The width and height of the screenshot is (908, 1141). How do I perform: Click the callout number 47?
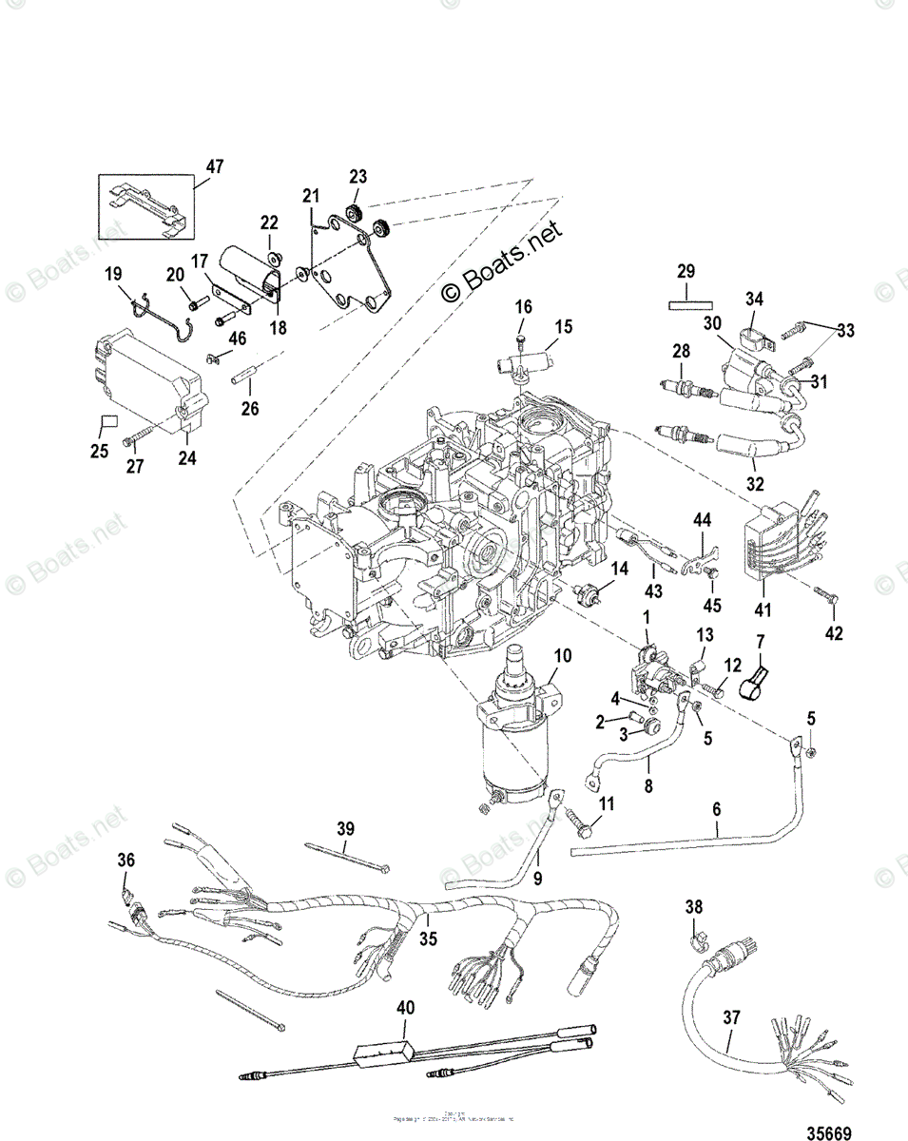215,166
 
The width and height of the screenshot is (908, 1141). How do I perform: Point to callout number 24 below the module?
186,459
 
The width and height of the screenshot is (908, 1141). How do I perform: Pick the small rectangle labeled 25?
108,420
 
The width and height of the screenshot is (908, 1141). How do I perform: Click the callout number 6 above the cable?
716,808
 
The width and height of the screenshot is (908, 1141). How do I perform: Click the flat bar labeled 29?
689,306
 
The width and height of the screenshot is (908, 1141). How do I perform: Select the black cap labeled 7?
758,677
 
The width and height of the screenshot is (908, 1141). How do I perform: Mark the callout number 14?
619,570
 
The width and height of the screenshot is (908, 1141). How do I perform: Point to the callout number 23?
357,176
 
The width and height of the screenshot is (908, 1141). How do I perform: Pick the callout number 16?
524,307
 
